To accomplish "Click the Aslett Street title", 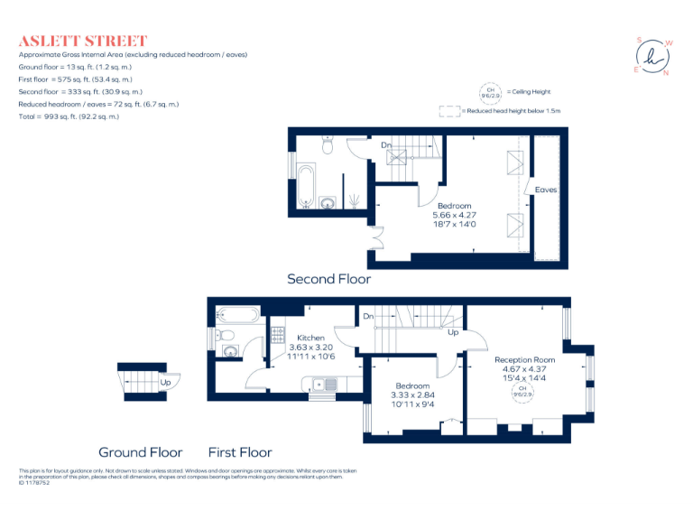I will [82, 41].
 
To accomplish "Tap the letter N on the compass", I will [666, 73].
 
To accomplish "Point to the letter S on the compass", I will [639, 40].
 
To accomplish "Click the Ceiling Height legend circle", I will [491, 92].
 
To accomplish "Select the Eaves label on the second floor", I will [546, 190].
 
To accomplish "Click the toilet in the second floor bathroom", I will [328, 142].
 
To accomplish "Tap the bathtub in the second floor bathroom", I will [305, 183].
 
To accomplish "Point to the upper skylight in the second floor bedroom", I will [516, 162].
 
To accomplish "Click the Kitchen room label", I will [311, 338].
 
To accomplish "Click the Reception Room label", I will [524, 359].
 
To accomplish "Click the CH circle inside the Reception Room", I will [522, 392].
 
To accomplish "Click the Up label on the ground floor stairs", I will [164, 382].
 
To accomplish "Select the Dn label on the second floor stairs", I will [385, 144].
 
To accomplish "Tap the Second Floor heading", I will [328, 279].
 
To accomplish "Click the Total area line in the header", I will [69, 117].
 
